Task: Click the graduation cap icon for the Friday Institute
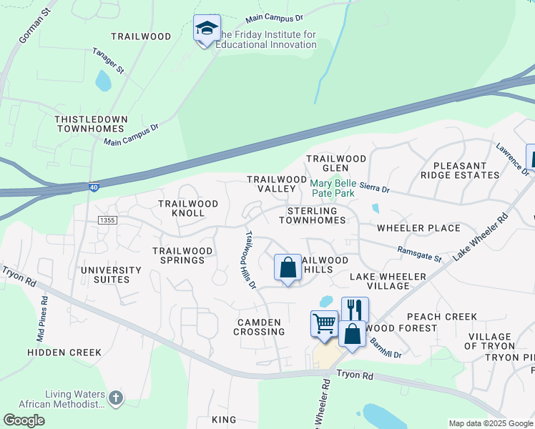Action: tap(207, 29)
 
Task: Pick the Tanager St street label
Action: tap(109, 61)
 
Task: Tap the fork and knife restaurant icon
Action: tap(355, 310)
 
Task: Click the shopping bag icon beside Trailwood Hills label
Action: tap(288, 268)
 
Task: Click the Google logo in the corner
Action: tap(24, 420)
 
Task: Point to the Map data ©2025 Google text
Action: tap(490, 423)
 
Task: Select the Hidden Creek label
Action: tap(64, 352)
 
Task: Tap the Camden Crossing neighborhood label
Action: tap(260, 327)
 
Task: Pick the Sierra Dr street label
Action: tap(376, 189)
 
